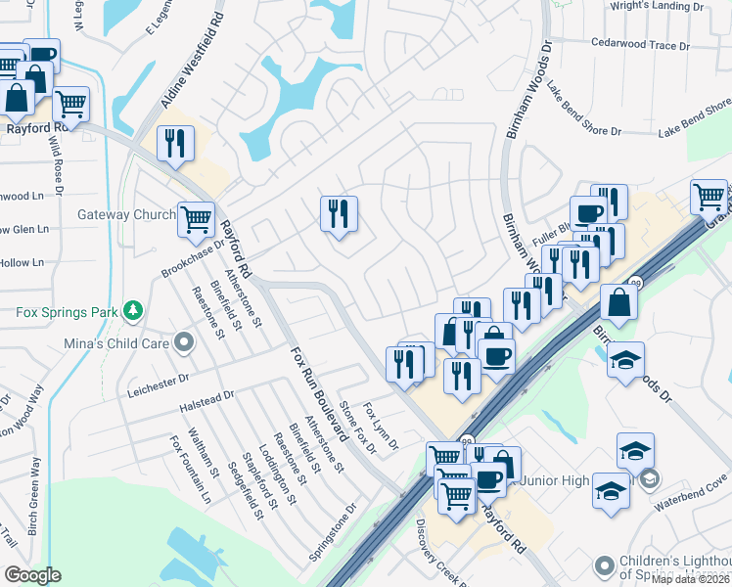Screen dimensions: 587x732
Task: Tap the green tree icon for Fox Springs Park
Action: coord(133,312)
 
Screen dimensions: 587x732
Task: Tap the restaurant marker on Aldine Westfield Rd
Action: coord(175,143)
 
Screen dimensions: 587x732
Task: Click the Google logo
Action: coord(32,575)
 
